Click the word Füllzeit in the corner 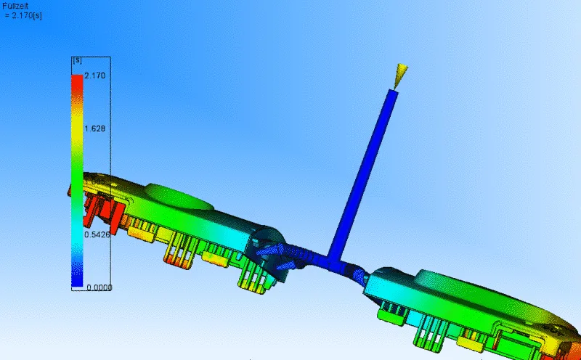15,7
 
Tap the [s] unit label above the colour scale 78,60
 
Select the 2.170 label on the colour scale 95,75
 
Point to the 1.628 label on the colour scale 95,128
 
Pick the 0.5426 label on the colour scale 97,234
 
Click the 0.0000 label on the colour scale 99,287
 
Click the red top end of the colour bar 77,80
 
